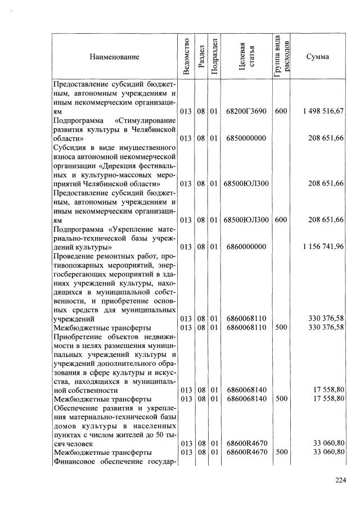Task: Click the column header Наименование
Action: (113, 57)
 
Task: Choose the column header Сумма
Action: (318, 57)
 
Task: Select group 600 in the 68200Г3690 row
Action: (281, 111)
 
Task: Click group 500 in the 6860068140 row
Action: (281, 399)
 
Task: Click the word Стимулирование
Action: (147, 120)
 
